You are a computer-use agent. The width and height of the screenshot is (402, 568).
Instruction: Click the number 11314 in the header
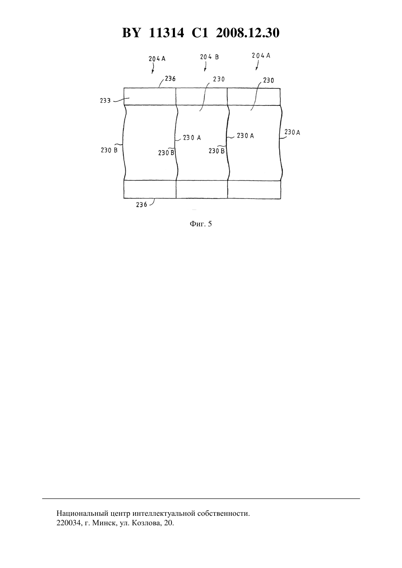pyautogui.click(x=166, y=33)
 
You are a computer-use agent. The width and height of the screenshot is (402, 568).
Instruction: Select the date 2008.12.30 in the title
pyautogui.click(x=248, y=33)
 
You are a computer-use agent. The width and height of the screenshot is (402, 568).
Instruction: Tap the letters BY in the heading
pyautogui.click(x=131, y=33)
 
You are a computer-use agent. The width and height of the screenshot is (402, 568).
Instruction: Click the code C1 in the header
pyautogui.click(x=200, y=33)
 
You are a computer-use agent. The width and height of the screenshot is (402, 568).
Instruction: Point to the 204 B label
pyautogui.click(x=209, y=57)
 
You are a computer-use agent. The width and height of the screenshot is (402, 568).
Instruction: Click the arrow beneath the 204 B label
pyautogui.click(x=205, y=66)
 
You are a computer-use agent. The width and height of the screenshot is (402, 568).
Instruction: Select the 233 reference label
pyautogui.click(x=105, y=101)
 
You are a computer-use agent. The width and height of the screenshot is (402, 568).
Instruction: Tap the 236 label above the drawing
pyautogui.click(x=170, y=79)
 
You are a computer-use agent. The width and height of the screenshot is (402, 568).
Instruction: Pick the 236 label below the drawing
pyautogui.click(x=142, y=205)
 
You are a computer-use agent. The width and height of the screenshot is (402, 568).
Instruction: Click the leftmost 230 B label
pyautogui.click(x=109, y=150)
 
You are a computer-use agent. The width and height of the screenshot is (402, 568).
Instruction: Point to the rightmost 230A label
pyautogui.click(x=292, y=133)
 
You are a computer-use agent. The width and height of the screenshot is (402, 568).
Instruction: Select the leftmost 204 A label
pyautogui.click(x=157, y=59)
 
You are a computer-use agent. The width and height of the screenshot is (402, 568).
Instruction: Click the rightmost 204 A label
pyautogui.click(x=261, y=55)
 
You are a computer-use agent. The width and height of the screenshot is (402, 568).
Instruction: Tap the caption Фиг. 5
pyautogui.click(x=201, y=224)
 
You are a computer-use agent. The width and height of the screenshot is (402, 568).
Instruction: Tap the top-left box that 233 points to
pyautogui.click(x=150, y=97)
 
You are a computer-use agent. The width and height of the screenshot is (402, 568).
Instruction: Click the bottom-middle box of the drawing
pyautogui.click(x=202, y=189)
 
